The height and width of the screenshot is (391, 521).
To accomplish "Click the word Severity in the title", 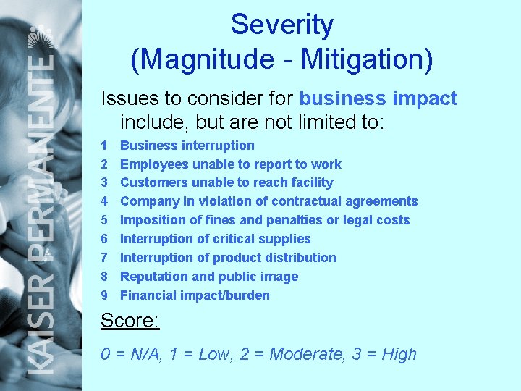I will click(282, 25).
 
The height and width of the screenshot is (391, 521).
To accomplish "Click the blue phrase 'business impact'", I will click(378, 98).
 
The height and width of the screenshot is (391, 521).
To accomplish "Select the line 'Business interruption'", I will click(187, 146).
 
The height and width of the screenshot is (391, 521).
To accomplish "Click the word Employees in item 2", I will click(154, 164).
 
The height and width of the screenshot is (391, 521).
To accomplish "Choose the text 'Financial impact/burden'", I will click(195, 295).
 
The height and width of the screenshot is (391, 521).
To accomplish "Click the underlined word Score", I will click(128, 320).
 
